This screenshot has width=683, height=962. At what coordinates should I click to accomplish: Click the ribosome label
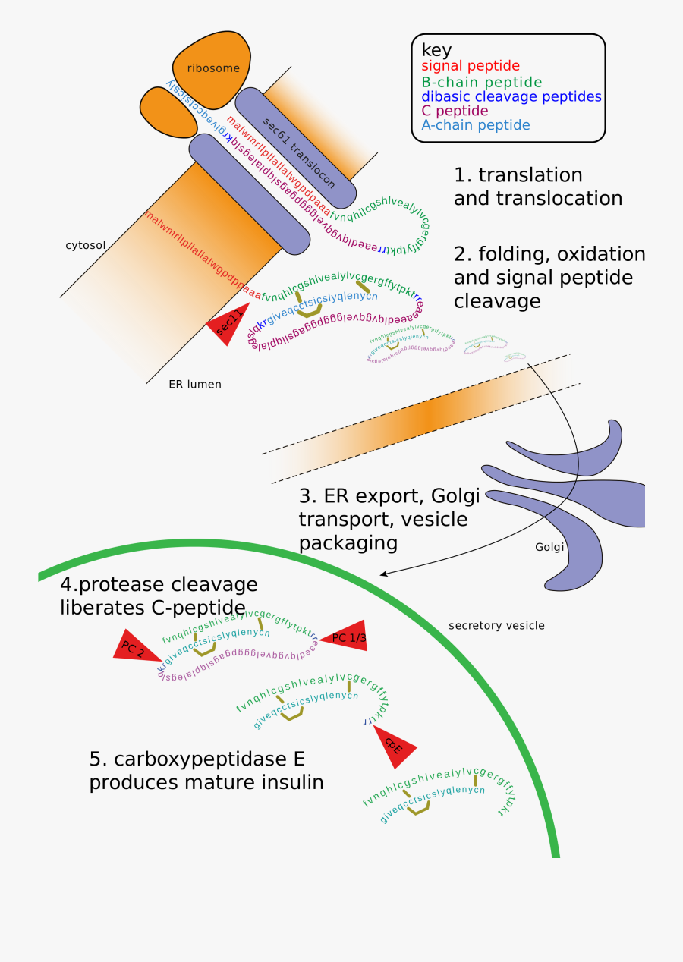[213, 68]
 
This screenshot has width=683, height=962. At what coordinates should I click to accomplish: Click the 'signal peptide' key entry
[471, 66]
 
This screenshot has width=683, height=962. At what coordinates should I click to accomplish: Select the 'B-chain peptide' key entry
[482, 82]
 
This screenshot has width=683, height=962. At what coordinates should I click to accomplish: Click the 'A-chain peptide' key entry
[476, 125]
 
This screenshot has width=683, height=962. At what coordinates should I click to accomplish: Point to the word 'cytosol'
[85, 245]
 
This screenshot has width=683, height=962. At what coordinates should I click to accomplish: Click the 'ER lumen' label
[195, 384]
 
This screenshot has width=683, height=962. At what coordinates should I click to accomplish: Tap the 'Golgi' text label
[549, 547]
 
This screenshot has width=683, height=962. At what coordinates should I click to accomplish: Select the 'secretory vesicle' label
[496, 626]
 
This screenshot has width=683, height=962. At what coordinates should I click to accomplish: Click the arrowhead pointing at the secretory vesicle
[384, 574]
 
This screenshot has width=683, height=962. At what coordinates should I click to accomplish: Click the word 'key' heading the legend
[437, 50]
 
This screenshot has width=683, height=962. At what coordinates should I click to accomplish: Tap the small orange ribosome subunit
[166, 112]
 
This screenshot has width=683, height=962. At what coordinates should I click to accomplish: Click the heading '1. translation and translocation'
[537, 187]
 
